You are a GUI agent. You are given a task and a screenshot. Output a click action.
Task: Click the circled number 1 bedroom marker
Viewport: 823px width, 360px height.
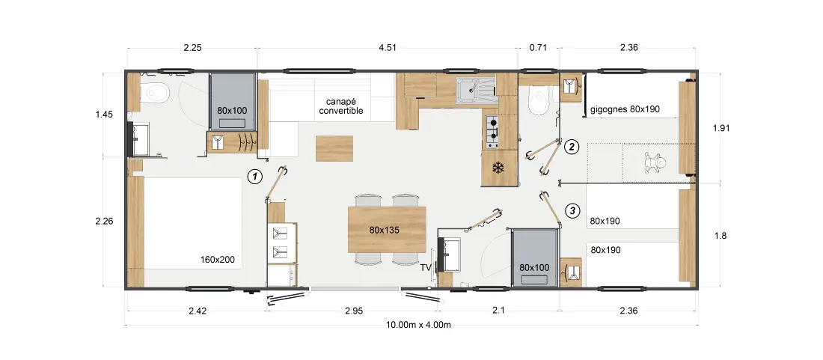pos(254,177)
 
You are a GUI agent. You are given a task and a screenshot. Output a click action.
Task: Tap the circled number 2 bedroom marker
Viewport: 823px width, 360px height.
pos(571,147)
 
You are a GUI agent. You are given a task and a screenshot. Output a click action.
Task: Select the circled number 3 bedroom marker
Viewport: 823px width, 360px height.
pos(572,211)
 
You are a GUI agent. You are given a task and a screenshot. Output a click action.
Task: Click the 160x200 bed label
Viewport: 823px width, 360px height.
pos(217,259)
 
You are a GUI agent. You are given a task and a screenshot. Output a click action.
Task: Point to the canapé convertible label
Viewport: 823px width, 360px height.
pos(340,106)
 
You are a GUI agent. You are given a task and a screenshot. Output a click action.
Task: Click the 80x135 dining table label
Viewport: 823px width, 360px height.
pos(386,229)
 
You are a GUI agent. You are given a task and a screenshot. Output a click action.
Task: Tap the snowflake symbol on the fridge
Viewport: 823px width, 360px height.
pos(497,168)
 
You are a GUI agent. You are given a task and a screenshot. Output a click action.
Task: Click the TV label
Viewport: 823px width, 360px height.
pos(425,268)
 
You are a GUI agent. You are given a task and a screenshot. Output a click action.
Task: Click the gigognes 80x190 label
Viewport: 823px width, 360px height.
pos(625,110)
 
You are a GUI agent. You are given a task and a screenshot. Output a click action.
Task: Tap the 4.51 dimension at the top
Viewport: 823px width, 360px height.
pos(388,48)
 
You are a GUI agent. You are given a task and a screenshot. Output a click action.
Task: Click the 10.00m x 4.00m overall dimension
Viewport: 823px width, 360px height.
pos(418,324)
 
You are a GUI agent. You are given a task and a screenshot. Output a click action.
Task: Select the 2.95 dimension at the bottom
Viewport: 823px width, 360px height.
pos(354,311)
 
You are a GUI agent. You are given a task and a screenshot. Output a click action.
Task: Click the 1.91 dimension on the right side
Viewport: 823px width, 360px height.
pos(720,127)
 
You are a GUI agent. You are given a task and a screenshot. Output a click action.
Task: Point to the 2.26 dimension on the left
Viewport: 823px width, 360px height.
pos(104,221)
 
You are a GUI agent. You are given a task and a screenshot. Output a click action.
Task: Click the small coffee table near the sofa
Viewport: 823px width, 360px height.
pos(334,148)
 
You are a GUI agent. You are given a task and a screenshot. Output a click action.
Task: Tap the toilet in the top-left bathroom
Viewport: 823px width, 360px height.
pos(155,94)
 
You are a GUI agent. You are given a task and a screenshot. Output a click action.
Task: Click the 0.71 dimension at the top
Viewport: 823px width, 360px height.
pos(538,48)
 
